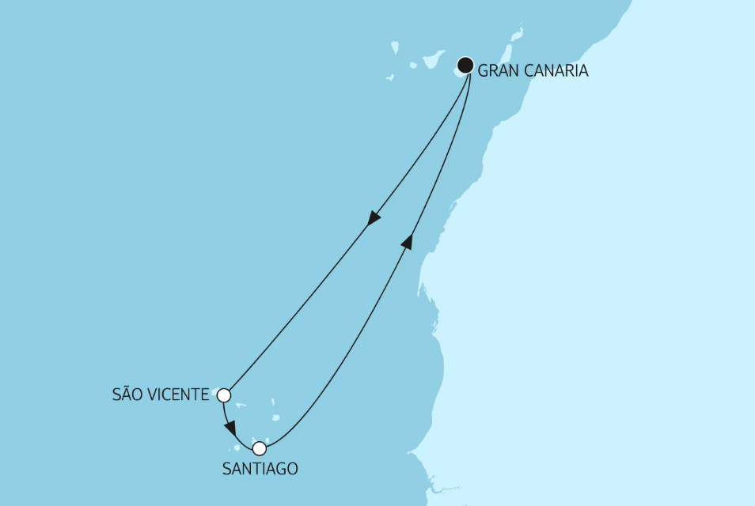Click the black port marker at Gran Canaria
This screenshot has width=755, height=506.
tap(465, 65)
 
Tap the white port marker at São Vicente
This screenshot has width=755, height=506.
tap(224, 395)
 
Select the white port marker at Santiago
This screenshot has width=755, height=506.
tap(259, 448)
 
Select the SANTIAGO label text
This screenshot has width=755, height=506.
tap(260, 469)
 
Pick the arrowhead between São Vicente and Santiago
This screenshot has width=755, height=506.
tap(230, 429)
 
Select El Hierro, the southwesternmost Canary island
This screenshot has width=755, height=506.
tap(390, 77)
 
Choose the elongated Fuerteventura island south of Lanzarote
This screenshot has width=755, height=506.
tap(502, 52)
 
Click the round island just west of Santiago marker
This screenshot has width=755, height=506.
tap(237, 449)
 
